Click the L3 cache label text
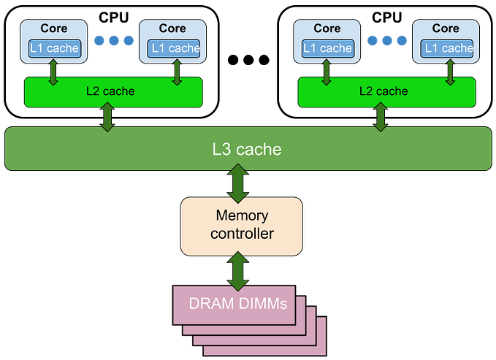click(247, 149)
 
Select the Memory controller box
click(241, 226)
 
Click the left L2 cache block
click(112, 91)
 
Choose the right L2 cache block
click(386, 91)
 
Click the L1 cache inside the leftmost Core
click(53, 48)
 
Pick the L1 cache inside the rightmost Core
click(446, 48)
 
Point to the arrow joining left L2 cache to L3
click(108, 117)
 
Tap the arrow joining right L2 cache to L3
click(380, 117)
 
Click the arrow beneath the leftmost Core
click(53, 72)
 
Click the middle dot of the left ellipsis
click(113, 39)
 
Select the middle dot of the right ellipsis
click(386, 39)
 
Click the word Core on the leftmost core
click(53, 28)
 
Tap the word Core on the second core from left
click(173, 28)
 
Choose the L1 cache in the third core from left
click(327, 48)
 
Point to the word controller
click(242, 234)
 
